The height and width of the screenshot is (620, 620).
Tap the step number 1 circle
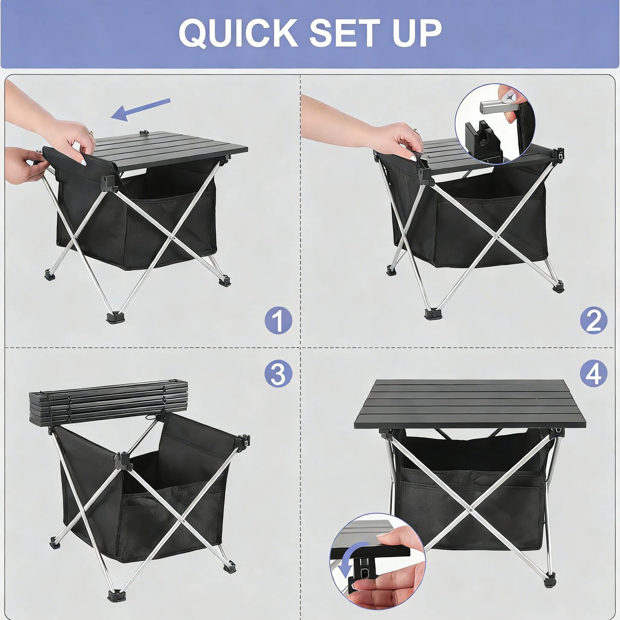(278, 321)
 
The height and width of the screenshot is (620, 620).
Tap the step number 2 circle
(593, 321)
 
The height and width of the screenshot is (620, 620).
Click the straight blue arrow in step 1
(141, 109)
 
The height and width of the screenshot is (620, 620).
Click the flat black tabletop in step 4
(461, 403)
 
